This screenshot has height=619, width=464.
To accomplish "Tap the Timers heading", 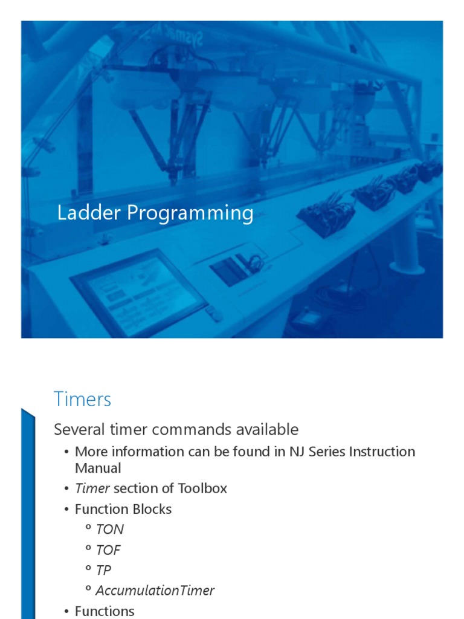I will coord(82,400).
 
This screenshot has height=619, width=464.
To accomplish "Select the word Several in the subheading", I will coord(77,430).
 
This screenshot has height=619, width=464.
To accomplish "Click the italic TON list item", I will coord(109,530).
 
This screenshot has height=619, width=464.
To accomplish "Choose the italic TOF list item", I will coord(108,550).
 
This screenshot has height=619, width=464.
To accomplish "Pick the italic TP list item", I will coord(103,570).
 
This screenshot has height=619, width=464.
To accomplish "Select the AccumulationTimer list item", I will coord(155,591).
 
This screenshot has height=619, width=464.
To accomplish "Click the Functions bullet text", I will coord(105,611).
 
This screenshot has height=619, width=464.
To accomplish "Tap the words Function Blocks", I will coord(123,509).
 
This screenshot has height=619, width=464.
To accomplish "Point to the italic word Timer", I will coord(92,488).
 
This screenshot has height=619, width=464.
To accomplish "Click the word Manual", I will coord(98,468).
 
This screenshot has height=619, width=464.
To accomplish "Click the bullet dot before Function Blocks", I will coord(66,510).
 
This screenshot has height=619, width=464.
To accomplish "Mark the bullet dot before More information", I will coord(66,452).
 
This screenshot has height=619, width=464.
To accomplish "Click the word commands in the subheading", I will coord(192,430).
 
